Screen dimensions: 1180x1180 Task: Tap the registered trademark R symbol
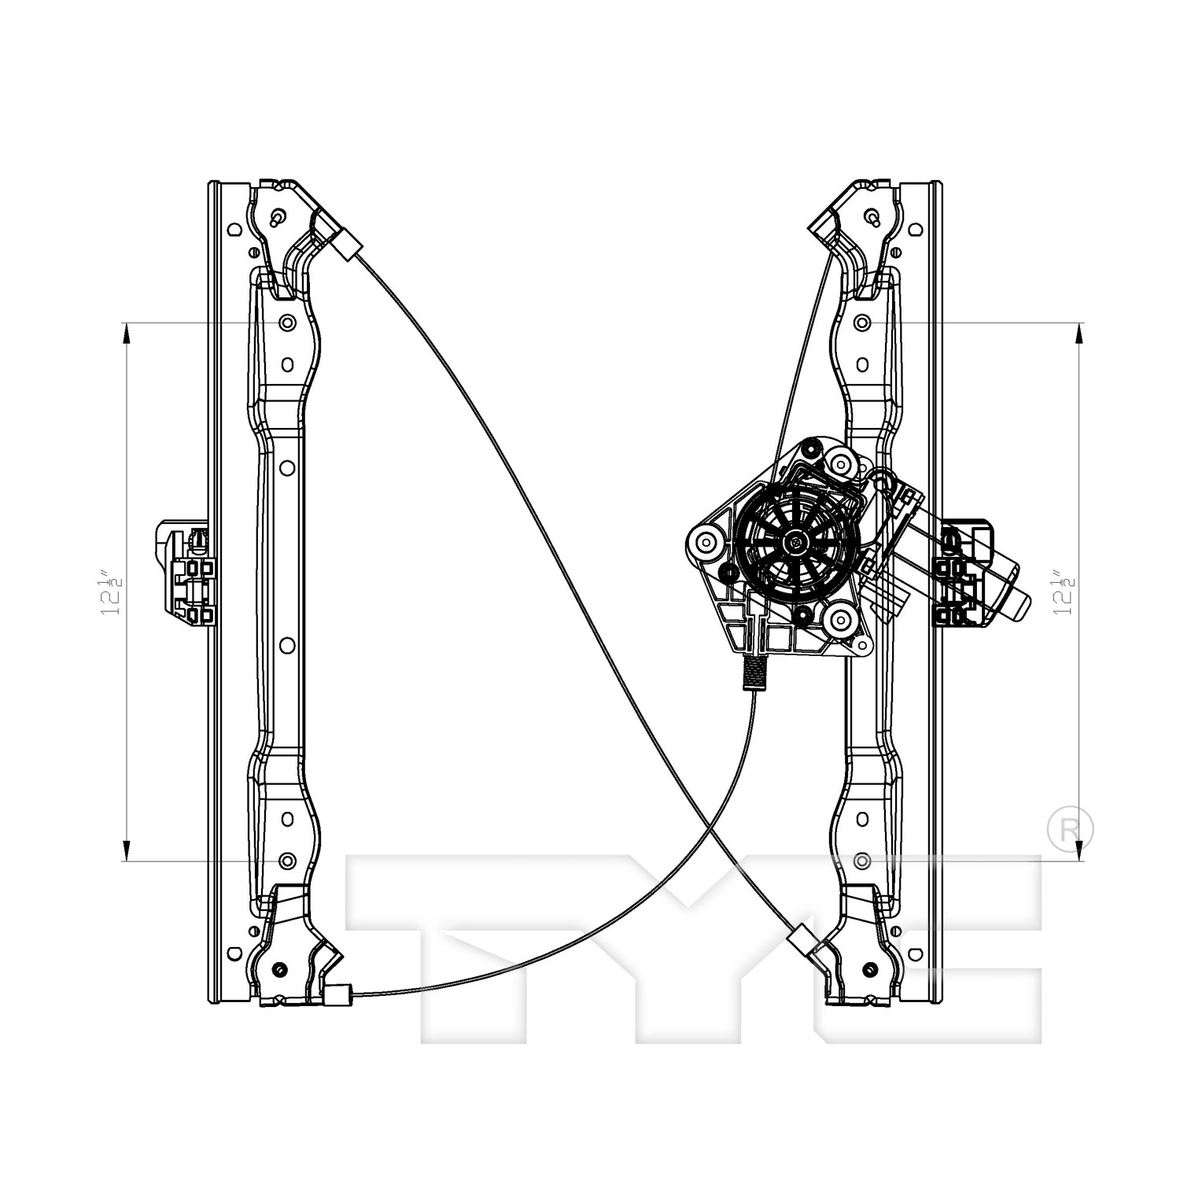pos(1071,828)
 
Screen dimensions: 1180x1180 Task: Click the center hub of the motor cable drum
pos(795,540)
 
